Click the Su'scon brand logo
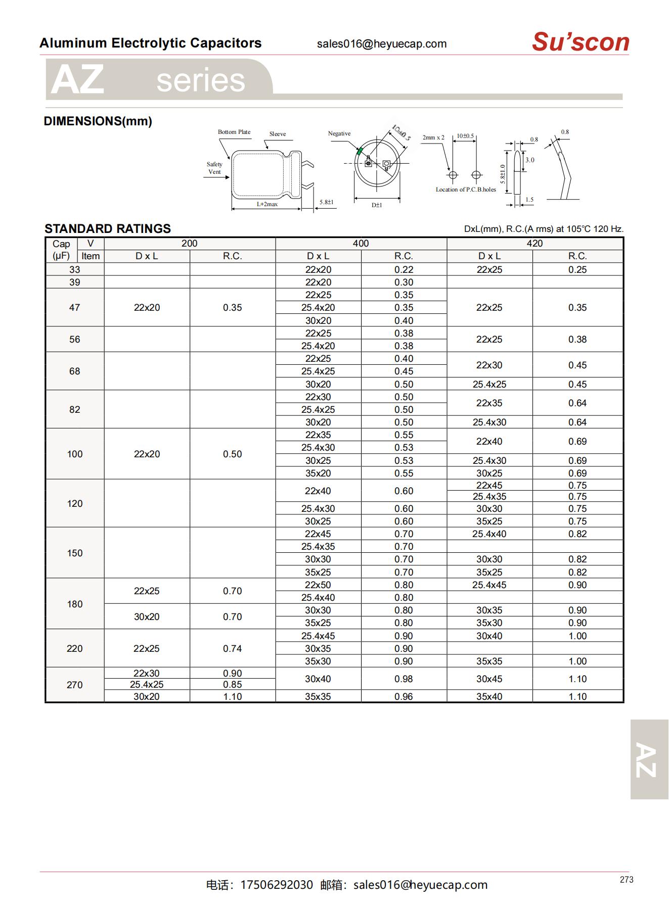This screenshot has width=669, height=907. pos(580,42)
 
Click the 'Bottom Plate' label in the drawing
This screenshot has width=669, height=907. pos(234,132)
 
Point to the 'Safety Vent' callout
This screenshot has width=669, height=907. pos(214,168)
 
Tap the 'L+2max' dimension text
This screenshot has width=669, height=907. pos(267,204)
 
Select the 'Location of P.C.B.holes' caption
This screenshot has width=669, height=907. pos(466,189)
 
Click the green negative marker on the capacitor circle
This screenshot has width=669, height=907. pos(360,151)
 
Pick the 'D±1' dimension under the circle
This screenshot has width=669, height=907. pos(377,205)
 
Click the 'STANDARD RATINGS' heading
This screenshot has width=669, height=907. pos(108,228)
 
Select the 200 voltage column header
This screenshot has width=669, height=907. pos(189,244)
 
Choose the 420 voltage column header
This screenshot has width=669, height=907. pos(534,244)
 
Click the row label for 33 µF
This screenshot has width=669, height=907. pos(74,269)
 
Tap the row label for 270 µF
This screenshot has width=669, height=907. pos(74,685)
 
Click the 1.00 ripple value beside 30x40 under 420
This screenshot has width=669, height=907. pos(577,636)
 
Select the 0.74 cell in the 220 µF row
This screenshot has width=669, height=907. pos(232,648)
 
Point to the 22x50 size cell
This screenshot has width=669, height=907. pos(318,585)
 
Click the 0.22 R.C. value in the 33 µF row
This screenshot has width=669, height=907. pos(404,269)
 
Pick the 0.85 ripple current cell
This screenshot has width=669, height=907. pos(232,684)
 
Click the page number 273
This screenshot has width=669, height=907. pos(626,880)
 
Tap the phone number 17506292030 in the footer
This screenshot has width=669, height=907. pos(277,885)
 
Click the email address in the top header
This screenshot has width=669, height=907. pos(382,44)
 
